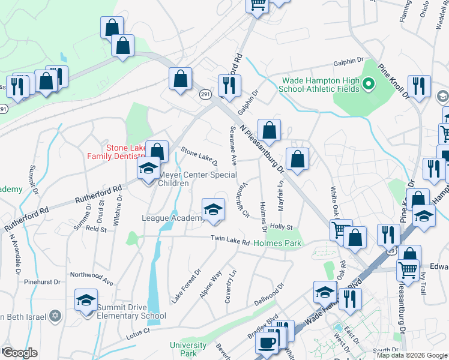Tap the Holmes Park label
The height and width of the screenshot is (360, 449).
coord(277,243)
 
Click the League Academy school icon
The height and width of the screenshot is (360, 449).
coord(212,209)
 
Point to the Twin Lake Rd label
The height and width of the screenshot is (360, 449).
coord(229,241)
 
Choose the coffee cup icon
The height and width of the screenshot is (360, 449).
coord(266,343)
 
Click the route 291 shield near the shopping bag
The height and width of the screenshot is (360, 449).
coord(205,94)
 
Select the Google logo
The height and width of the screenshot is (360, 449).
coord(19,353)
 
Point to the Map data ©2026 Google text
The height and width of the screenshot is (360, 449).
coord(411,355)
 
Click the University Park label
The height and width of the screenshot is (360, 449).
coord(188,349)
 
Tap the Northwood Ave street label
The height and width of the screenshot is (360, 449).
coord(91,278)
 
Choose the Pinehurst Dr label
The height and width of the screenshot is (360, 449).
coord(42,281)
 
